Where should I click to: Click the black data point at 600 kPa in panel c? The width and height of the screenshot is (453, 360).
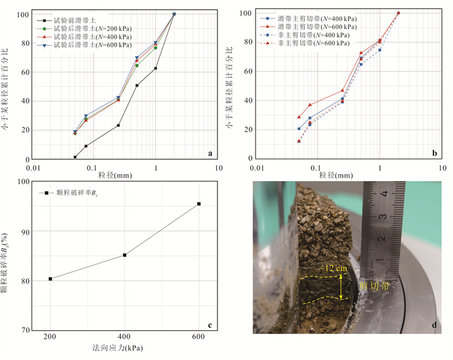[x=199, y=204]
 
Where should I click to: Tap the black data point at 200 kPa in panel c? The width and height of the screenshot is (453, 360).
[x=50, y=278]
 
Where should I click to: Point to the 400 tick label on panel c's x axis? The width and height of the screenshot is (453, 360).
[x=124, y=337]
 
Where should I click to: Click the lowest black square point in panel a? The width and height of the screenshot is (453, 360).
[x=75, y=157]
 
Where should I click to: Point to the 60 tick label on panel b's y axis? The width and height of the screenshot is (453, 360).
[x=247, y=72]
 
